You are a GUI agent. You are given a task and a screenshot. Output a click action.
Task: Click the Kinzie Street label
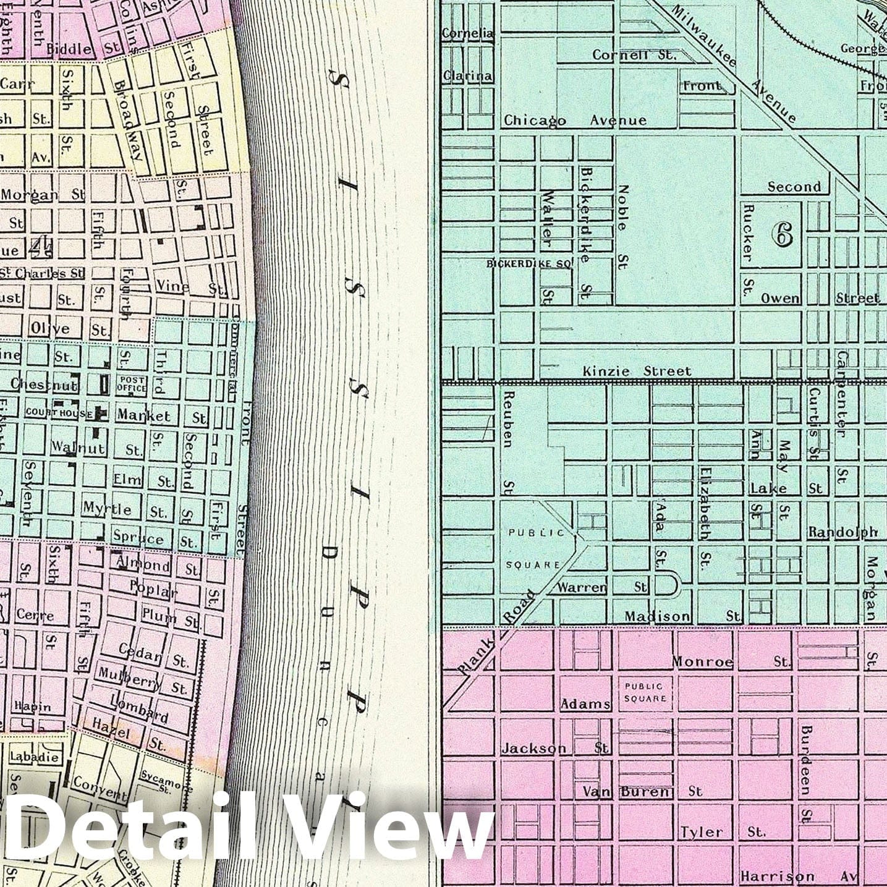pos(637,371)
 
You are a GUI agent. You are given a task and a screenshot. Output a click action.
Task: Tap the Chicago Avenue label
pos(575,121)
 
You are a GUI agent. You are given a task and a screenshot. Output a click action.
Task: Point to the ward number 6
pos(782,234)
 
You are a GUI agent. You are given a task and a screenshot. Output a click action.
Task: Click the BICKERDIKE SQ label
pos(531,263)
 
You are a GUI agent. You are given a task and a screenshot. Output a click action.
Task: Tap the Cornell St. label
pos(634,55)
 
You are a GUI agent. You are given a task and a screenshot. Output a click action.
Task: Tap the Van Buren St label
pos(643,791)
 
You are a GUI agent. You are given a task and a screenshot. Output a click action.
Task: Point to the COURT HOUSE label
pos(59,412)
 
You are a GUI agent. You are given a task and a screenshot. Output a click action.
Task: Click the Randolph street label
pos(842,532)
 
